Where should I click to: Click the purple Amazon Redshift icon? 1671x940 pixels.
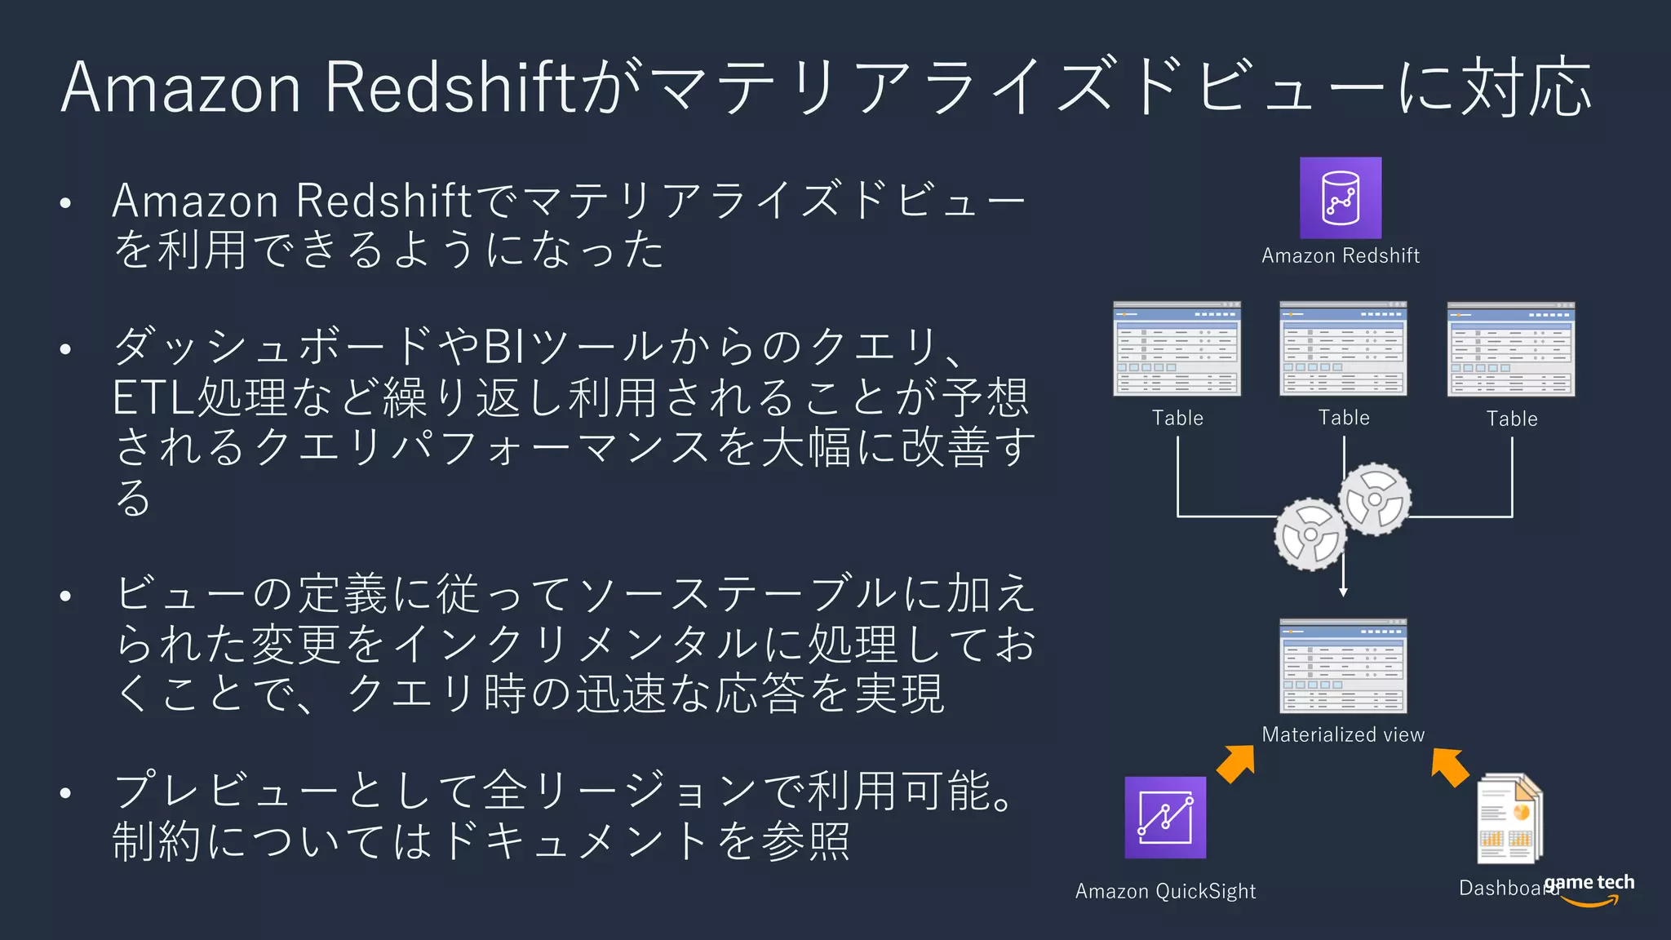[x=1341, y=197]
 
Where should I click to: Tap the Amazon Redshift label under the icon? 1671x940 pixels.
[x=1341, y=255]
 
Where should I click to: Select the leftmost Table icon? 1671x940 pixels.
[x=1177, y=348]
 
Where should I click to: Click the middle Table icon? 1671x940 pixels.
[x=1343, y=348]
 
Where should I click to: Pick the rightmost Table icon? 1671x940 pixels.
[x=1511, y=349]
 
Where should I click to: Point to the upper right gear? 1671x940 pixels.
[x=1375, y=499]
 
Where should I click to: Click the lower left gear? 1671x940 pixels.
[x=1310, y=534]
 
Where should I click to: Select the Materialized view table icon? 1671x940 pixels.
[x=1343, y=666]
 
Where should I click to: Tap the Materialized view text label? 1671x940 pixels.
[x=1343, y=734]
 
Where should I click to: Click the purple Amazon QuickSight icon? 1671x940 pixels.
[x=1165, y=817]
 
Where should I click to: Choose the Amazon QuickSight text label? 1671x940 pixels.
[x=1165, y=891]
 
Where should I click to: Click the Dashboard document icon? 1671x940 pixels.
[x=1509, y=818]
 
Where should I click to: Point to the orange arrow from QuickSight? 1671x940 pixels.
[x=1237, y=763]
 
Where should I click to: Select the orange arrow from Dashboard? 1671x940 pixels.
[x=1449, y=766]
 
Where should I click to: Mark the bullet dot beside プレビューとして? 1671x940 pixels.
[x=66, y=792]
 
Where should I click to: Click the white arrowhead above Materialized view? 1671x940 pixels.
[x=1343, y=592]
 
